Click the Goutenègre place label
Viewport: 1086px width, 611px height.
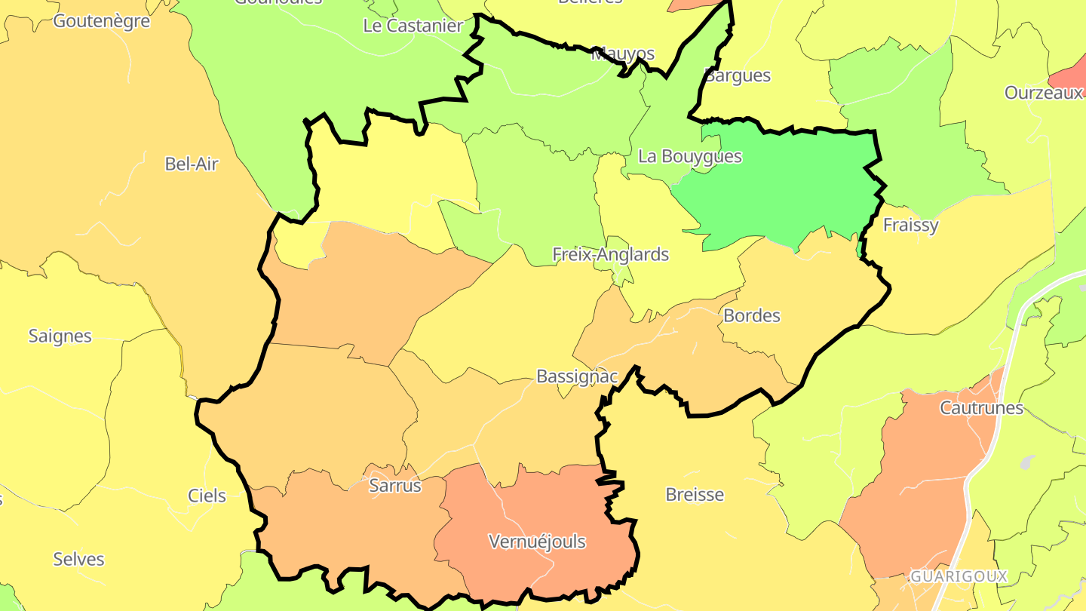101,21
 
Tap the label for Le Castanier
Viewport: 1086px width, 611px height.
413,26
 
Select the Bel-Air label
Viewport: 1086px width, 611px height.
192,164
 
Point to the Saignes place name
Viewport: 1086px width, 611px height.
60,336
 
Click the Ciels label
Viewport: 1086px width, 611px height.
207,496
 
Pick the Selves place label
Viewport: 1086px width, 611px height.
78,559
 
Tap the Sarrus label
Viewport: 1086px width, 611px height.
395,486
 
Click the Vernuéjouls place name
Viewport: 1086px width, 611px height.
537,542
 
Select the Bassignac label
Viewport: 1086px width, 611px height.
577,376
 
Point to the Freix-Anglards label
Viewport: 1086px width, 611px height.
611,254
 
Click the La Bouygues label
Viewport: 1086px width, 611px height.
690,157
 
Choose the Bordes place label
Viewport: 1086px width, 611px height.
752,315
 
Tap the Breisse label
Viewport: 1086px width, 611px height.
695,495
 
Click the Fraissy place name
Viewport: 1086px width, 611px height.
911,225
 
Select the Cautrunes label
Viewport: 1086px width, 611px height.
981,408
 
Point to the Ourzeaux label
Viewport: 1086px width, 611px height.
1044,93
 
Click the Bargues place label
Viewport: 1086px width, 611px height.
738,75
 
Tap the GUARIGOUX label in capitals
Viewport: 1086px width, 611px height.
959,576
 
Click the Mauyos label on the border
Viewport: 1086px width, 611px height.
623,54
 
